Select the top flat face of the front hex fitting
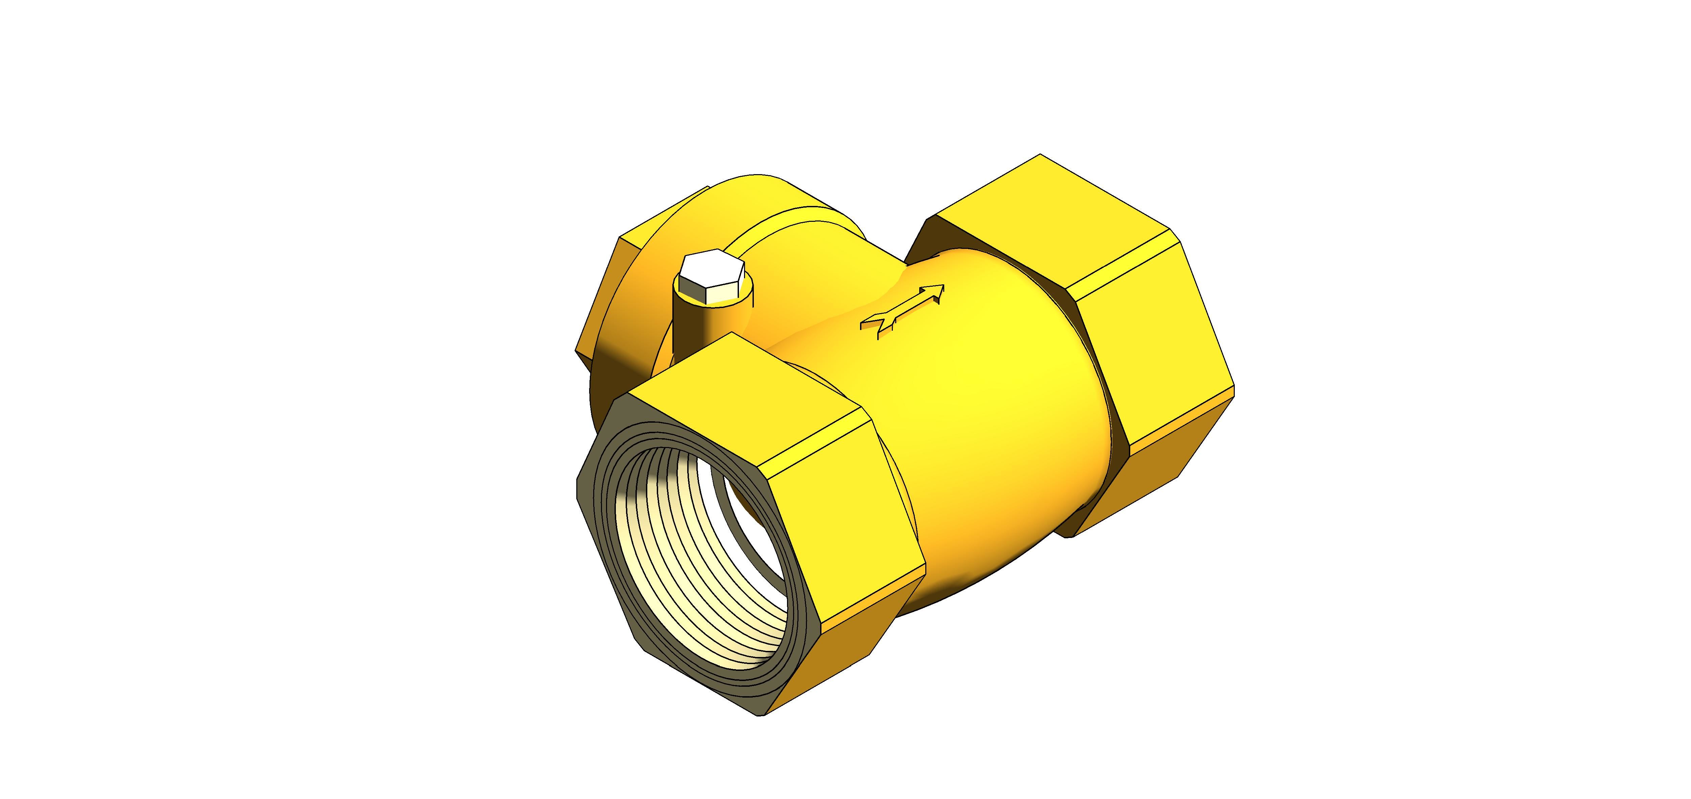pos(742,400)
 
